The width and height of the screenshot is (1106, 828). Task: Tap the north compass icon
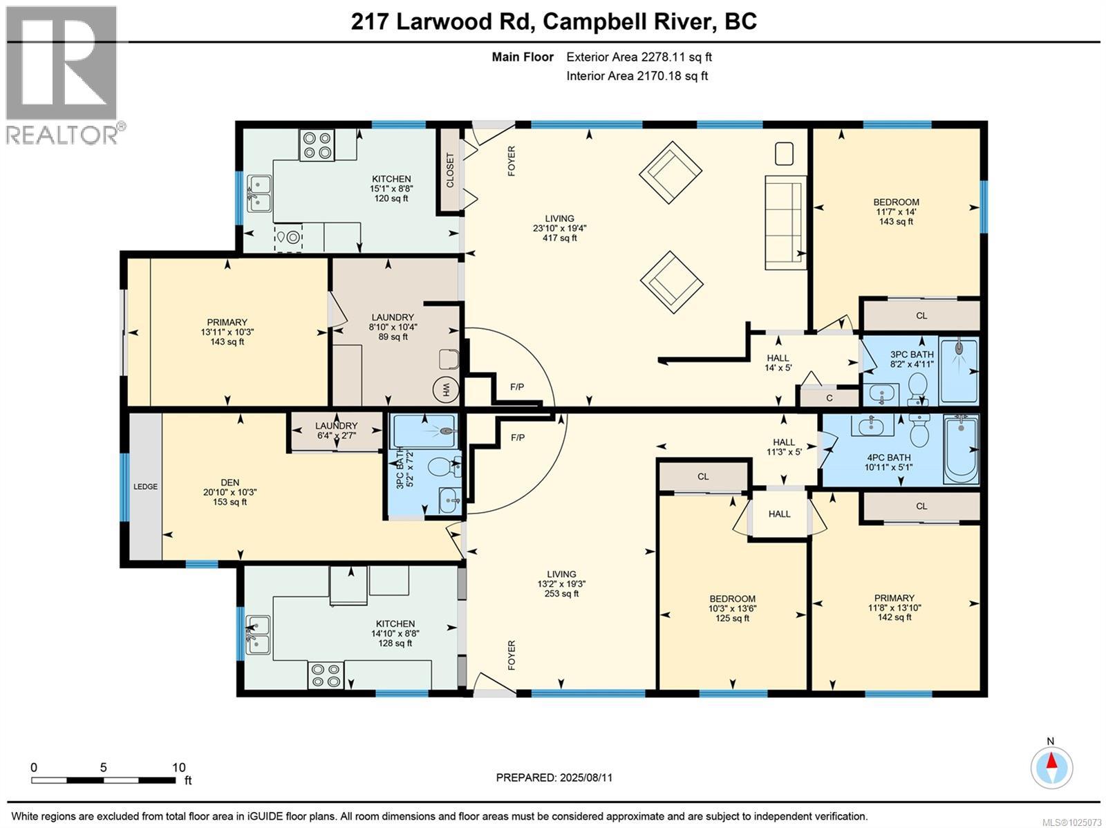(1051, 767)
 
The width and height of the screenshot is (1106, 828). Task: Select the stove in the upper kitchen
(317, 145)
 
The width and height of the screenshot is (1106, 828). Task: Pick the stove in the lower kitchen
(326, 675)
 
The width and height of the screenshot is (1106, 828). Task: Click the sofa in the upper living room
(785, 223)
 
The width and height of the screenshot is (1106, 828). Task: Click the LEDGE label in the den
(146, 487)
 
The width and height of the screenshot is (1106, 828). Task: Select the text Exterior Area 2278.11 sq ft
(639, 57)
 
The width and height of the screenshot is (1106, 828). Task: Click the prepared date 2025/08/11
(554, 778)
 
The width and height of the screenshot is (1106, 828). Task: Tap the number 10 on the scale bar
(179, 767)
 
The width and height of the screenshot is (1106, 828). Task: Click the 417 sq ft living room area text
(560, 238)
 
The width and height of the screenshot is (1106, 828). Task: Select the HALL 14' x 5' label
(778, 363)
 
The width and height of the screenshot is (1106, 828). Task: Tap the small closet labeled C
(829, 397)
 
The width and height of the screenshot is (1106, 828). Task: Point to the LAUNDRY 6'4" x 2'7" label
(337, 431)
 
